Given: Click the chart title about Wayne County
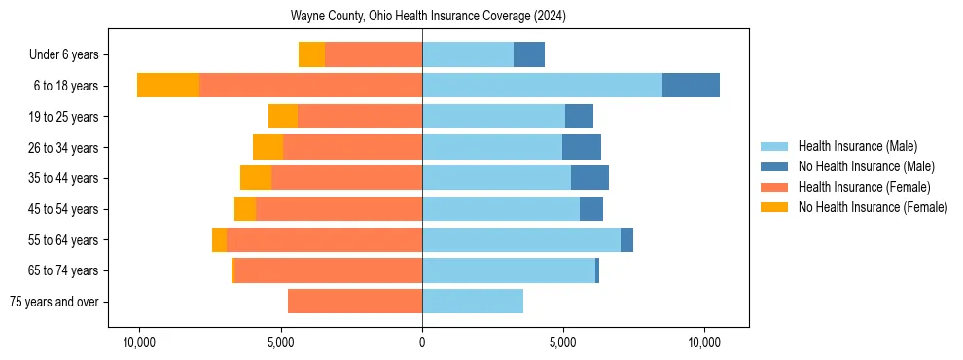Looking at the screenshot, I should [x=428, y=17].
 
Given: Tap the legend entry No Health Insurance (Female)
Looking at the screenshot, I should [x=873, y=207].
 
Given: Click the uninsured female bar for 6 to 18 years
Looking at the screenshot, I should [x=168, y=86].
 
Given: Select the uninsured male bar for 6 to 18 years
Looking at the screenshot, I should [x=691, y=86].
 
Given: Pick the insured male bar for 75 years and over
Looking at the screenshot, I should [x=473, y=302].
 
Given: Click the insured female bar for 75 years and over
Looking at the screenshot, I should [x=355, y=302].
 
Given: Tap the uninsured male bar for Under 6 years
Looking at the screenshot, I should [x=529, y=55].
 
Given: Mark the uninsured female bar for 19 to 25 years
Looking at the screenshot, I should [x=283, y=117].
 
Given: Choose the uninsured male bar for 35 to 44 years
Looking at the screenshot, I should [x=589, y=178].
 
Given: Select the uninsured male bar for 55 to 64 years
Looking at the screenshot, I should [x=626, y=240].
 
